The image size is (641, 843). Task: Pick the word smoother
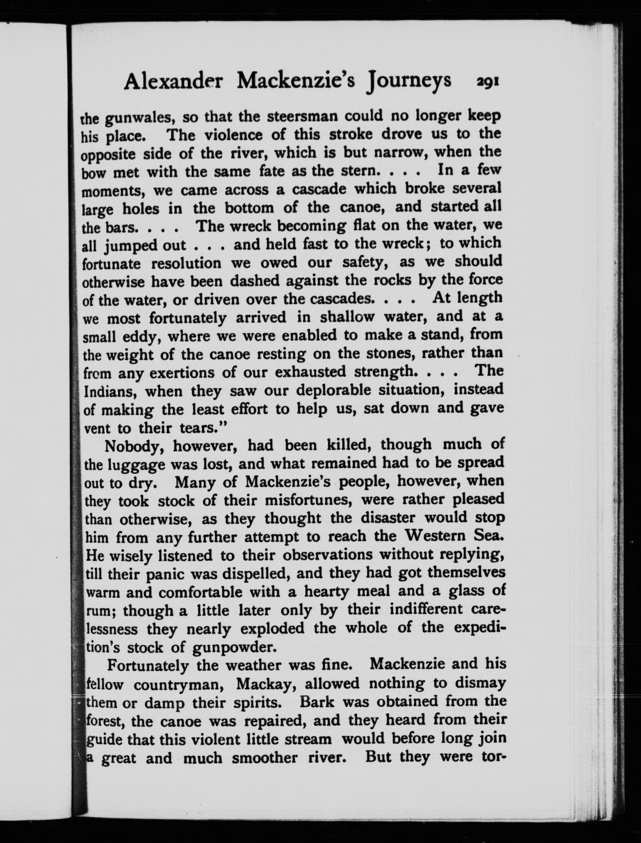pyautogui.click(x=265, y=758)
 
